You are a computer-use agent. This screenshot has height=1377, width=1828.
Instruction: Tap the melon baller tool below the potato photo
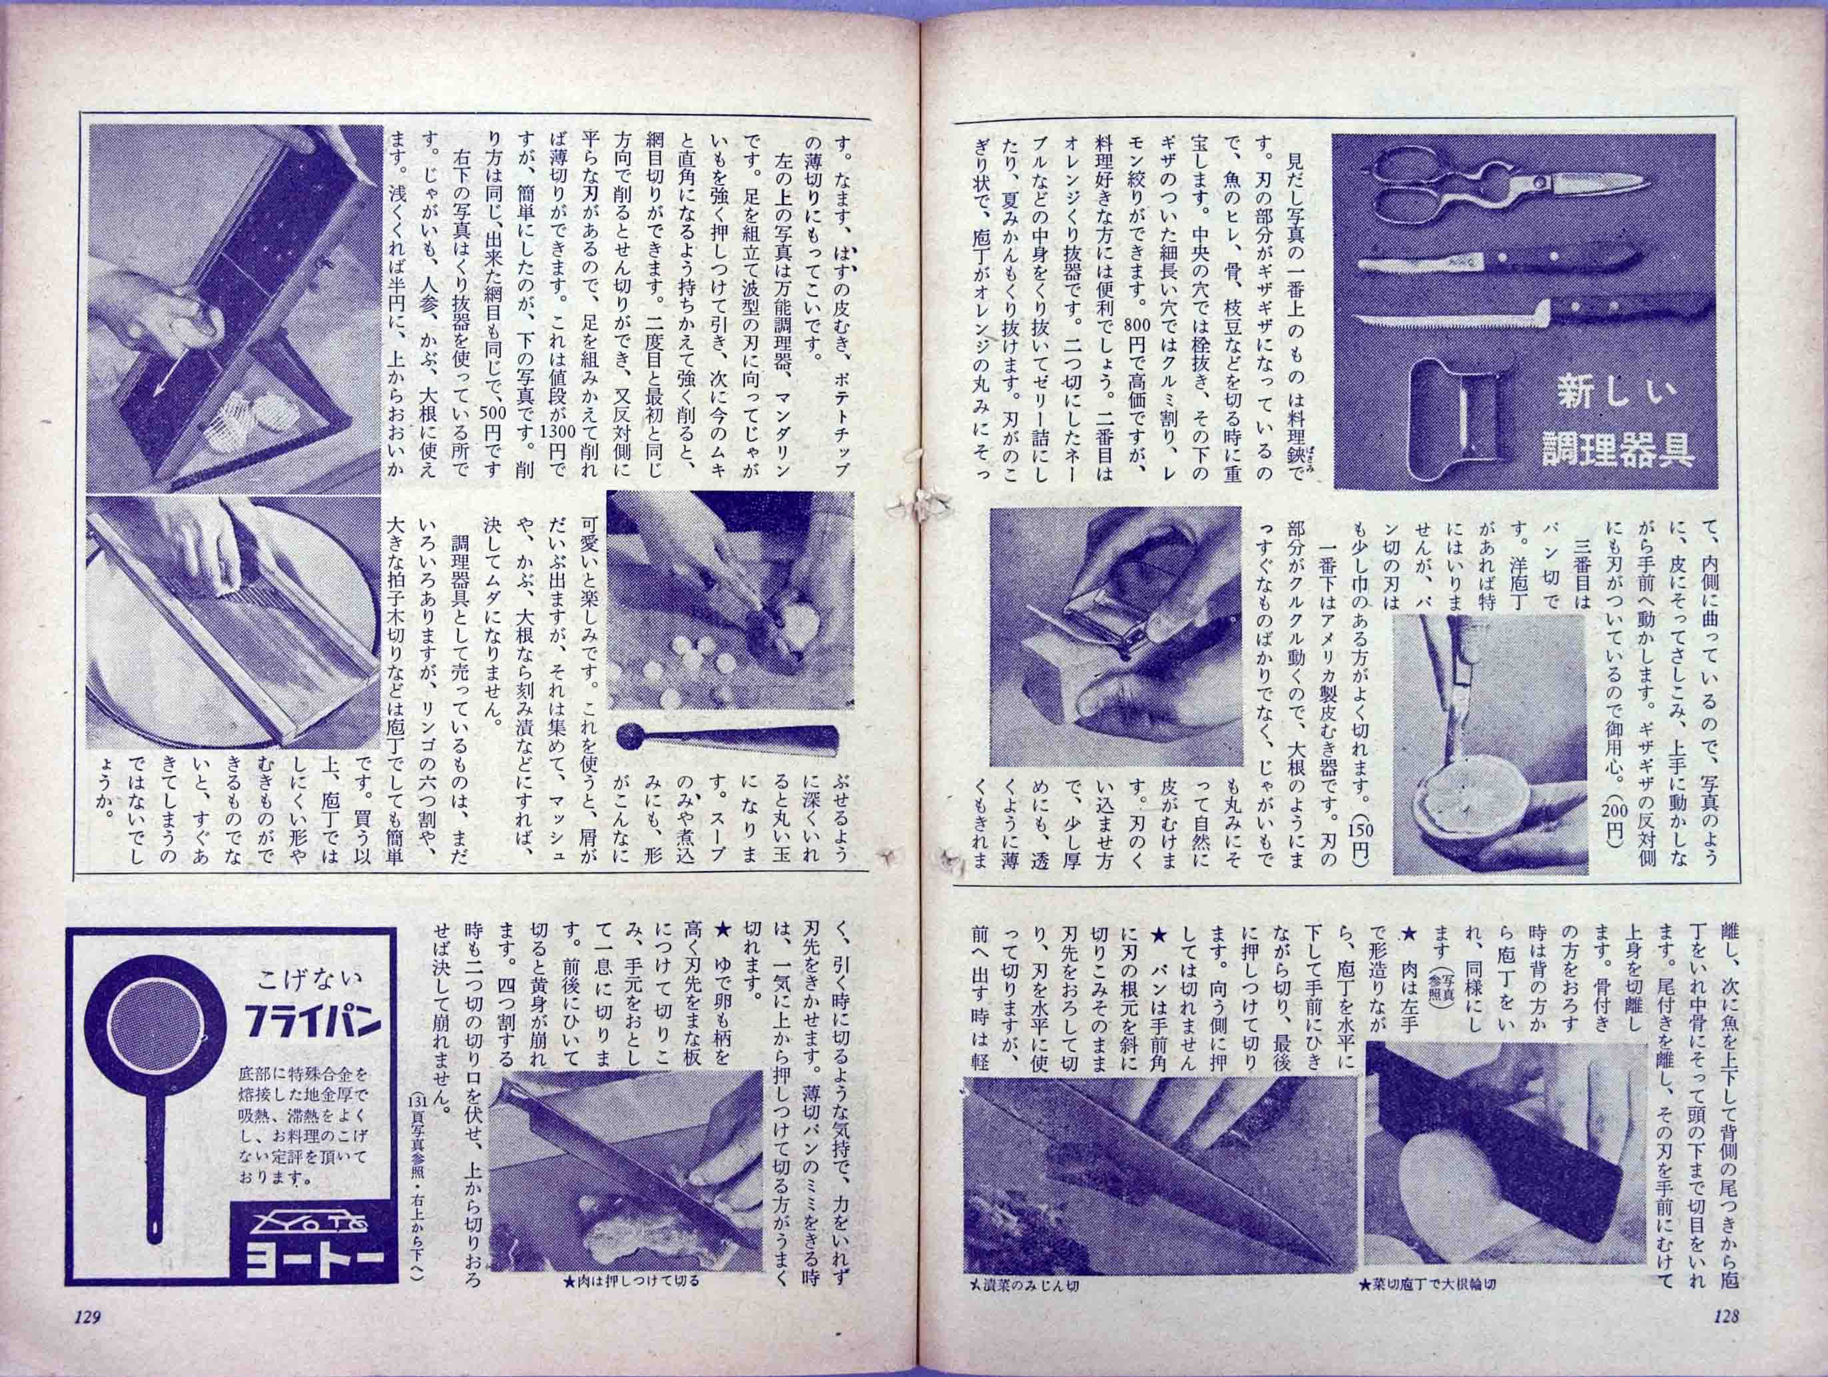(728, 735)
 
